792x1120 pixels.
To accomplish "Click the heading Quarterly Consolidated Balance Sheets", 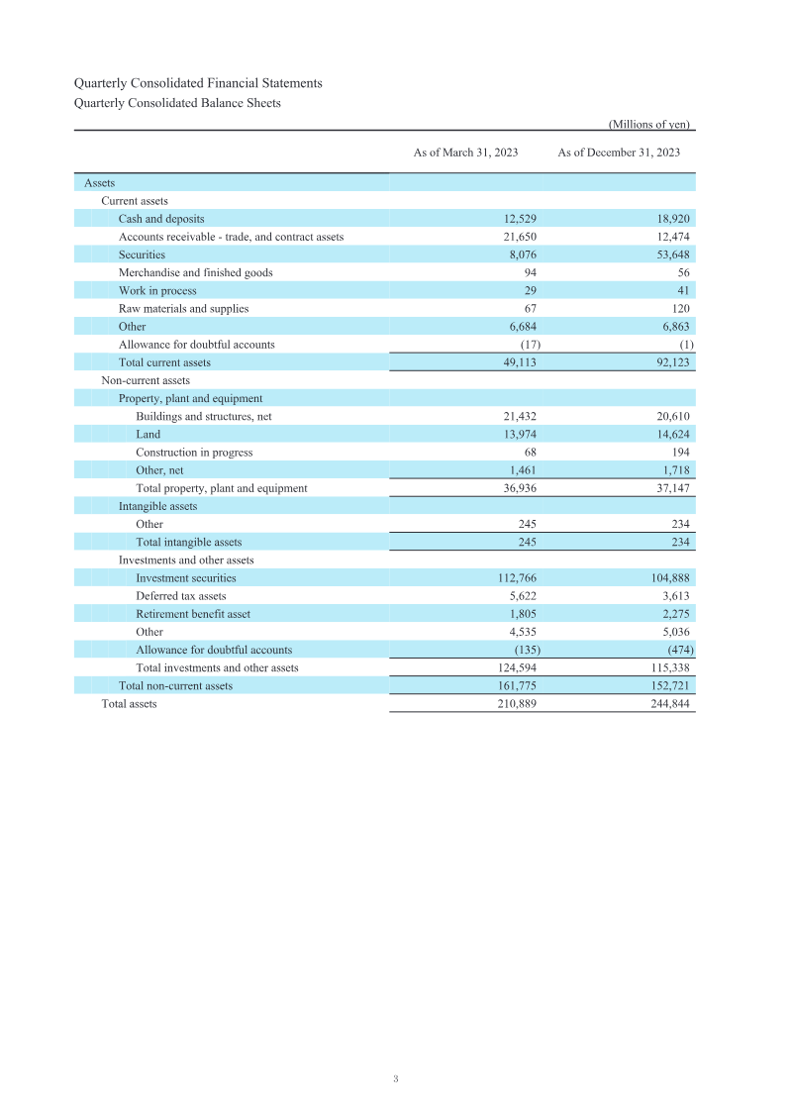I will tap(177, 103).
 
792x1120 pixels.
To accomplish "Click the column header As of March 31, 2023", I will tap(465, 153).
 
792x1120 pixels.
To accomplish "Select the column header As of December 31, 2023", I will tap(619, 153).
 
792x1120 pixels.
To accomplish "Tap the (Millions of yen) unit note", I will tap(648, 125).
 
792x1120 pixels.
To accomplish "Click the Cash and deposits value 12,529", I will tap(520, 219).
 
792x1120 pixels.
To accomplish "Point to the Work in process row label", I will tap(157, 291).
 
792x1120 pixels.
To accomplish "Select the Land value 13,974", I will tap(520, 435).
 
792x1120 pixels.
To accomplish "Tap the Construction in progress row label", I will tap(194, 453).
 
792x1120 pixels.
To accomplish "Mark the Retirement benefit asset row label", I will tap(193, 614).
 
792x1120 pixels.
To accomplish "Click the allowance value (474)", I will tap(678, 650).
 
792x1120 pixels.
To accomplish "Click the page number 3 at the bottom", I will tap(395, 1078).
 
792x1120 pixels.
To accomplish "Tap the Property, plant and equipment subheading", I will tap(190, 399).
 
